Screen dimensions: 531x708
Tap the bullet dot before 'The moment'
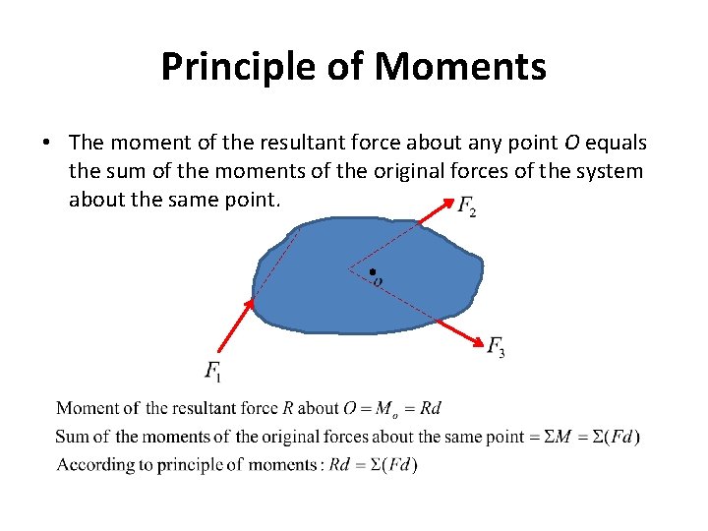click(45, 144)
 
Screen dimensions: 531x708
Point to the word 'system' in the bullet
click(614, 171)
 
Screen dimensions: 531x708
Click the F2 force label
click(467, 206)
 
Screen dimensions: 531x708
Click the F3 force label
click(497, 345)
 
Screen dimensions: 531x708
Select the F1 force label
click(213, 371)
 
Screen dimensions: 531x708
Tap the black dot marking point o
click(372, 271)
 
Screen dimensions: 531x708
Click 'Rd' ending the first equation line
click(431, 408)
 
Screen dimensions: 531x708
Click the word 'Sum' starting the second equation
click(70, 437)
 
